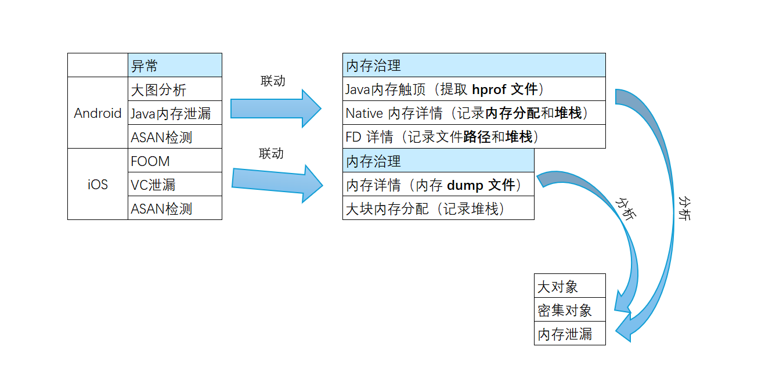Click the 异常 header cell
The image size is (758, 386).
pyautogui.click(x=175, y=65)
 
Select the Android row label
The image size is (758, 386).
pyautogui.click(x=98, y=113)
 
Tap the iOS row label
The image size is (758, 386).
pyautogui.click(x=98, y=185)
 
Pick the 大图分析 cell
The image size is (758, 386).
pyautogui.click(x=175, y=89)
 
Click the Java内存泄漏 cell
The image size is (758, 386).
pyautogui.click(x=175, y=113)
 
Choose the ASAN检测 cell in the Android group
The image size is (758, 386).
pyautogui.click(x=175, y=137)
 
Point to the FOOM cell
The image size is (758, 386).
pyautogui.click(x=175, y=161)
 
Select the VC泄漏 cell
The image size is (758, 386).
pyautogui.click(x=175, y=185)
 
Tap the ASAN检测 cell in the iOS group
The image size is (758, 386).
pyautogui.click(x=175, y=208)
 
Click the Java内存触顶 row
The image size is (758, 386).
pyautogui.click(x=474, y=89)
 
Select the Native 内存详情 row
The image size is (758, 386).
pyautogui.click(x=474, y=113)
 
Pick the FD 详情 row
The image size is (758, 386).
pyautogui.click(x=474, y=137)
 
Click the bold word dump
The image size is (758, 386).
pyautogui.click(x=465, y=185)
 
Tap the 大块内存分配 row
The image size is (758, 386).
pyautogui.click(x=438, y=208)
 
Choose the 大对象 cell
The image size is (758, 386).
pyautogui.click(x=569, y=286)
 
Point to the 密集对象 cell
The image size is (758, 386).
pyautogui.click(x=569, y=310)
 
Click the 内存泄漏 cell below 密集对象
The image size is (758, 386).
pyautogui.click(x=569, y=334)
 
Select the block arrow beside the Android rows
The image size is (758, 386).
pyautogui.click(x=276, y=109)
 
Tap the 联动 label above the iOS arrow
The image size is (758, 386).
pyautogui.click(x=272, y=153)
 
